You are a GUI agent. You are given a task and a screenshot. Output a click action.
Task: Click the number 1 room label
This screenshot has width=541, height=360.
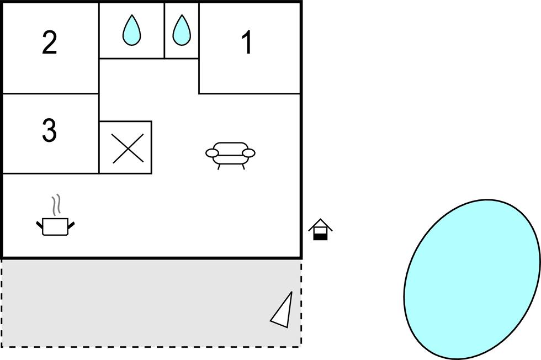(247, 43)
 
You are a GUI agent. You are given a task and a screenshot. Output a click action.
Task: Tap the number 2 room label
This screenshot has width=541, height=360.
(49, 43)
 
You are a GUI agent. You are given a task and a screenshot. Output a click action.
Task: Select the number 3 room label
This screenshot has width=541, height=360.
(49, 131)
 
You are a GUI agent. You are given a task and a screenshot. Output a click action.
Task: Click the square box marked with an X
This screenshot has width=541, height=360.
(125, 147)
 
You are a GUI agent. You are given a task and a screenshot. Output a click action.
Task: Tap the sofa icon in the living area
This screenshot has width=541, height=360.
(230, 153)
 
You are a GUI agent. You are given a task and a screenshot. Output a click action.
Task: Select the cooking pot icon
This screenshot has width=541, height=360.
(55, 226)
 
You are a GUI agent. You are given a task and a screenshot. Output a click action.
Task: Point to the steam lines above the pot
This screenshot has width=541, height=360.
(55, 205)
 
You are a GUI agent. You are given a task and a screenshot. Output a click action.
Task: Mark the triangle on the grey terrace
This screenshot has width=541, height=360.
(283, 311)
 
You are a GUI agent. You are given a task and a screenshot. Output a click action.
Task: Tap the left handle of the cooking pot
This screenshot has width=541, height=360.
(39, 224)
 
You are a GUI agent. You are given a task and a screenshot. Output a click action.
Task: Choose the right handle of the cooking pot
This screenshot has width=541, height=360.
(71, 224)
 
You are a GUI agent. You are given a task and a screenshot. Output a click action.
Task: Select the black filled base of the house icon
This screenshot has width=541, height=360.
(320, 236)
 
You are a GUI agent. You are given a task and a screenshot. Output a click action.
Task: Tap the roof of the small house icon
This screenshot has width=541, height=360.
(320, 224)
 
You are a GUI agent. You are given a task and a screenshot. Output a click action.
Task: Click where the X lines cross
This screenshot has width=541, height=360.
(125, 147)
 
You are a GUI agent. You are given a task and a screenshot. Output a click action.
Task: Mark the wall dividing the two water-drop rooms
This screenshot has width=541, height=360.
(165, 30)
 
